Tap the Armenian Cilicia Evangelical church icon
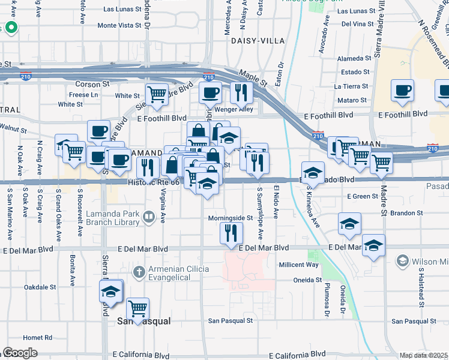pos(139,272)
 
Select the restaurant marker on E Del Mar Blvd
pos(232,233)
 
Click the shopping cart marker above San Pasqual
pos(138,309)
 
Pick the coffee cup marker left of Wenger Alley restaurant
pos(210,93)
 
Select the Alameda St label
pos(354,58)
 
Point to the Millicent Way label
pos(298,265)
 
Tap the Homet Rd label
pos(38,337)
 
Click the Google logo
pos(19,353)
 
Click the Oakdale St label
pos(40,287)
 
